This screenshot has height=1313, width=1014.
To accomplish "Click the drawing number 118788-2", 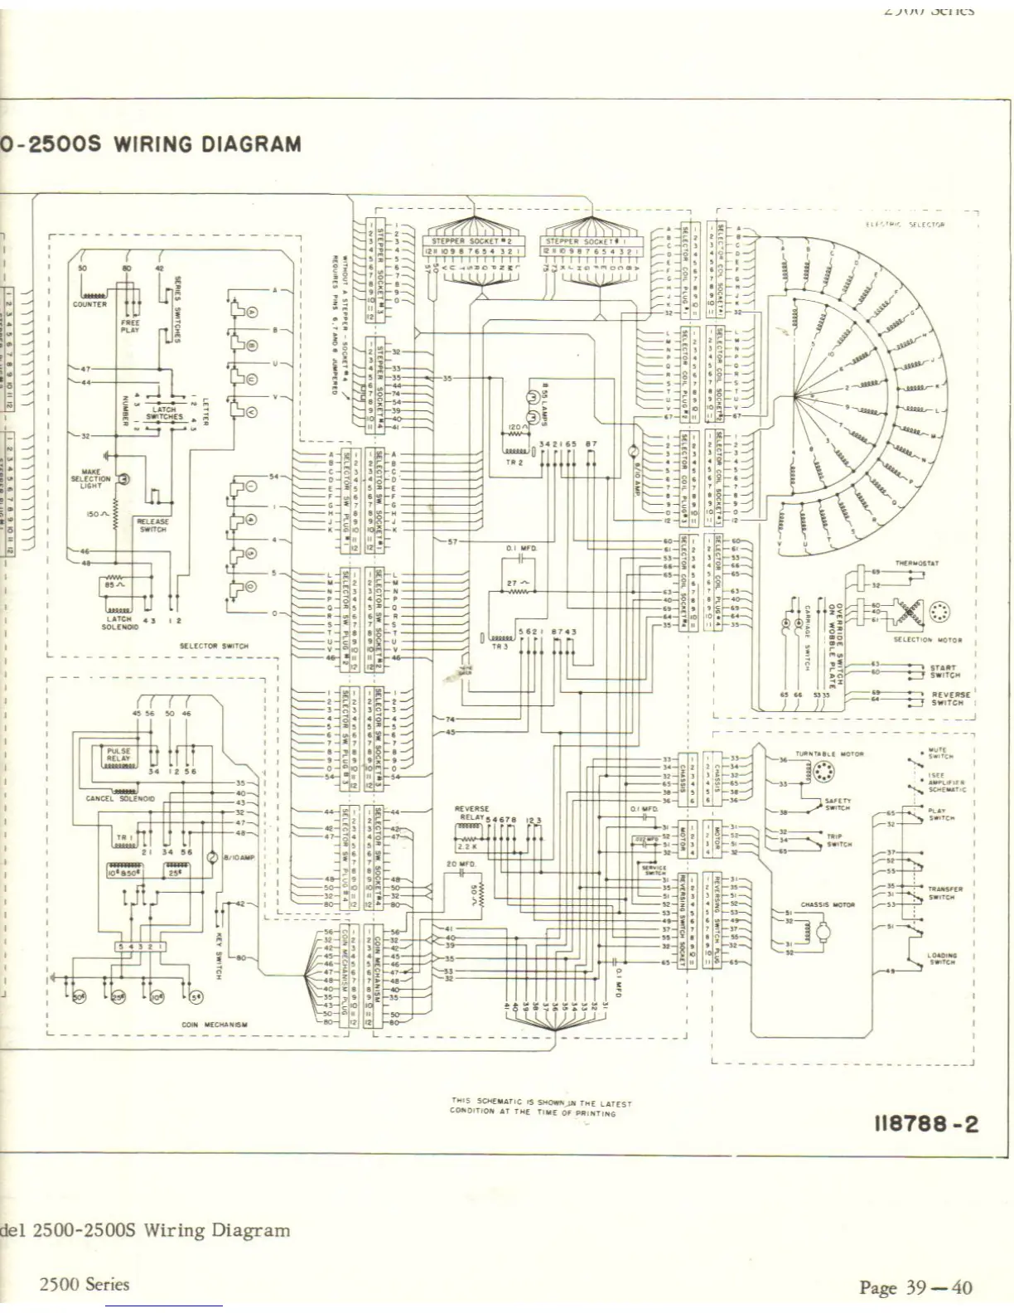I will (926, 1124).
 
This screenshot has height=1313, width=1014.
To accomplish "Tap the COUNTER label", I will (89, 304).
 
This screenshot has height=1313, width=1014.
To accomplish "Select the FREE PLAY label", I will (130, 326).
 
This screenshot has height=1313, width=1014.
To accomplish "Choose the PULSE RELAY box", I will (118, 755).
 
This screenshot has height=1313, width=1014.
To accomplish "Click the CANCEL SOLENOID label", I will (120, 798).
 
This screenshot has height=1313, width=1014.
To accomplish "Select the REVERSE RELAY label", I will (471, 813).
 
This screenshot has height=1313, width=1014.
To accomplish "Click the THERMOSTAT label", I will (916, 563).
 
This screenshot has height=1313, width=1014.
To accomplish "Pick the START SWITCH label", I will (943, 671).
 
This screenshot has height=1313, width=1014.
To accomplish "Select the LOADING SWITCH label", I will (942, 958).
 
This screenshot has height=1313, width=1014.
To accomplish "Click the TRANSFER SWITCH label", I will (942, 893).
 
